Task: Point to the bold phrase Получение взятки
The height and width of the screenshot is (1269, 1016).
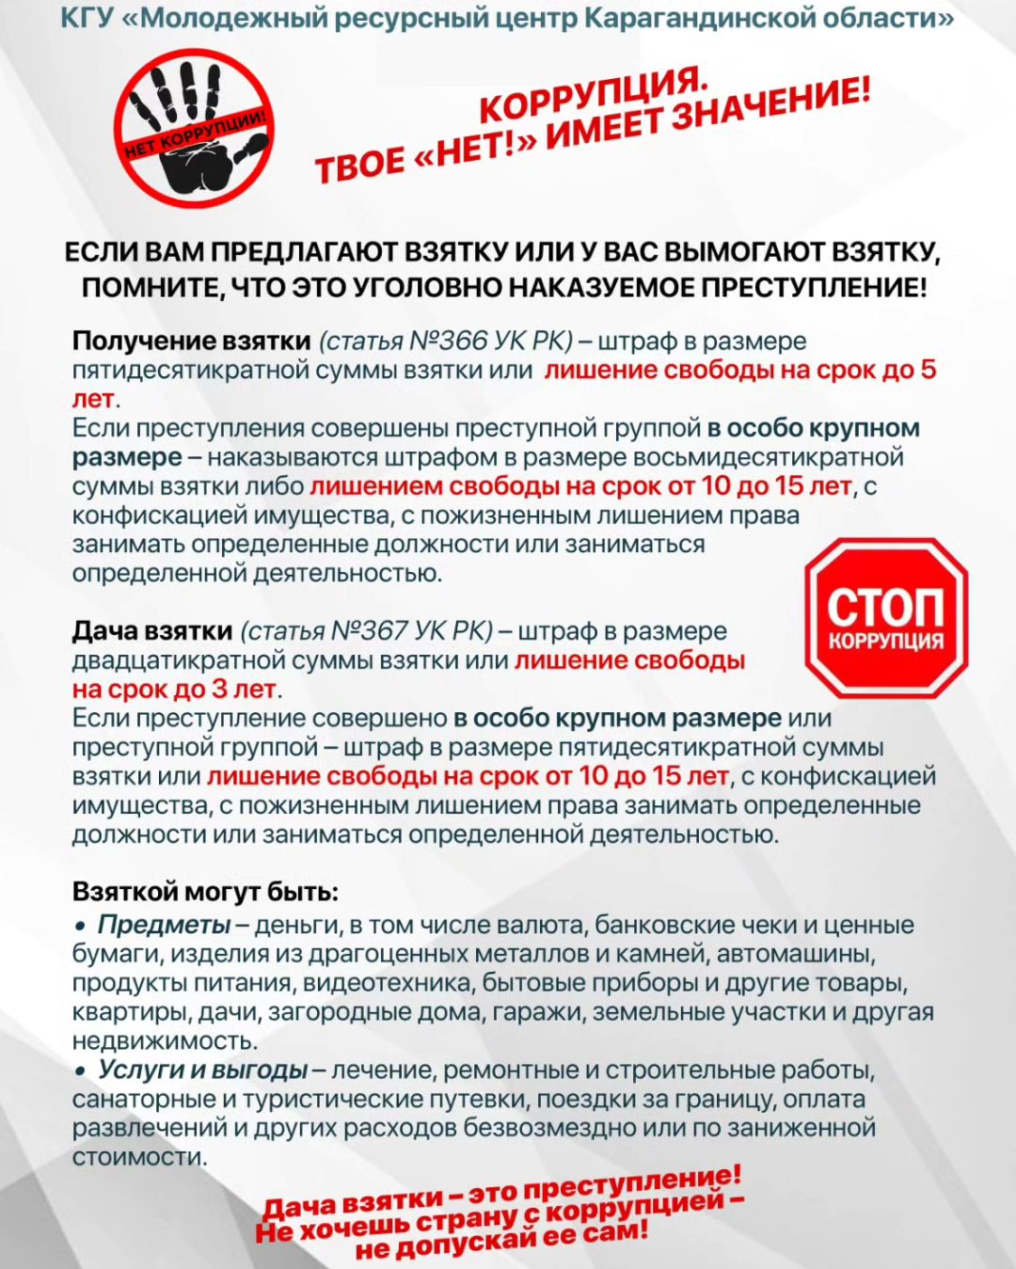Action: (191, 341)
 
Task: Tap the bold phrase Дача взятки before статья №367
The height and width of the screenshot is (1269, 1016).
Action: (151, 630)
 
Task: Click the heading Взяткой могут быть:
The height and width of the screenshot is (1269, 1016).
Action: (205, 891)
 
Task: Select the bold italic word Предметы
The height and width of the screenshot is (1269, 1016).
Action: (165, 925)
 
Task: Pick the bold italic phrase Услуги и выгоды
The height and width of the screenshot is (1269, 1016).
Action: (203, 1070)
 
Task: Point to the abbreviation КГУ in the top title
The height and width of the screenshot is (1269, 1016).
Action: (87, 17)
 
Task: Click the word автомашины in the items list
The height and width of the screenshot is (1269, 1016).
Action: (795, 954)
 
